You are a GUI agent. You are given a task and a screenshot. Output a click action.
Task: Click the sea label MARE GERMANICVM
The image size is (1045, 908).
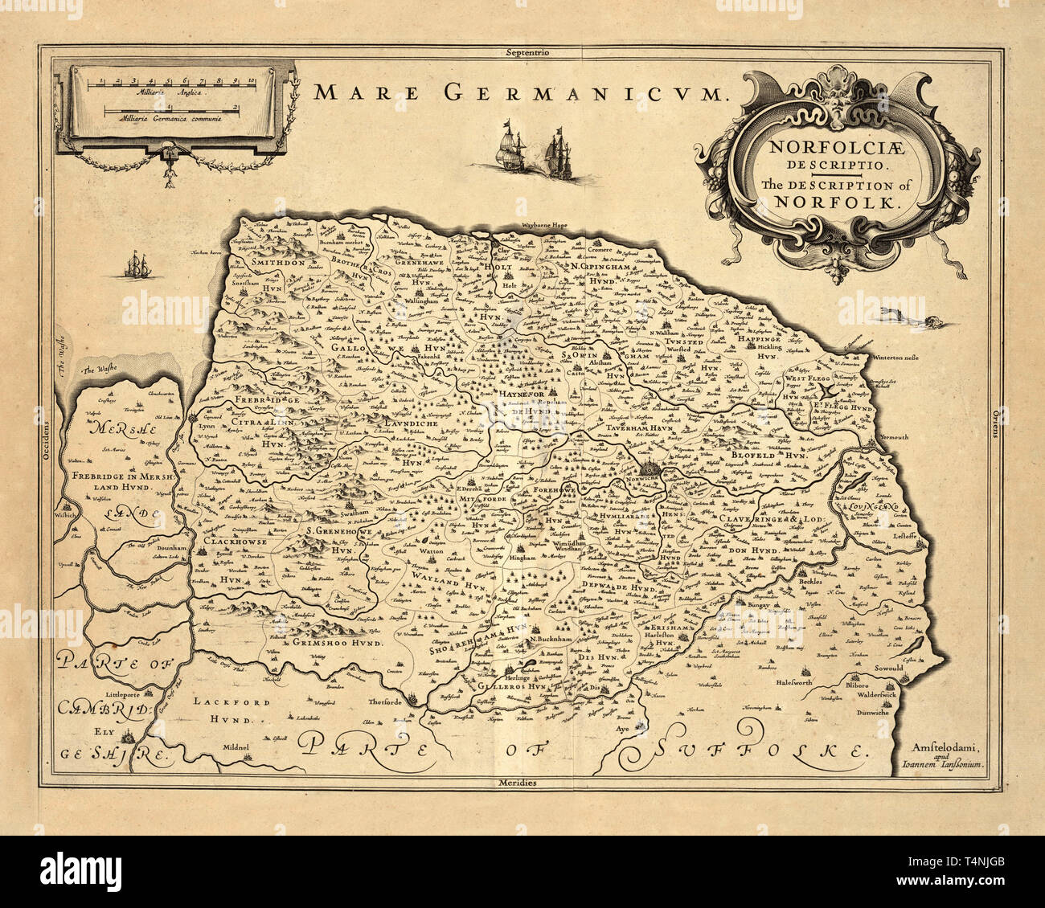[519, 93]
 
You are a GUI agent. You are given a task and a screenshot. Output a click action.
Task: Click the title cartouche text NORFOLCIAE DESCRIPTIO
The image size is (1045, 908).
[828, 155]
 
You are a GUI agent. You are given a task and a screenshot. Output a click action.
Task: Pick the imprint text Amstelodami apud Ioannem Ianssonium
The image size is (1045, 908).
[950, 759]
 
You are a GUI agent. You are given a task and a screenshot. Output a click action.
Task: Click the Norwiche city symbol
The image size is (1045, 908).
[650, 468]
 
